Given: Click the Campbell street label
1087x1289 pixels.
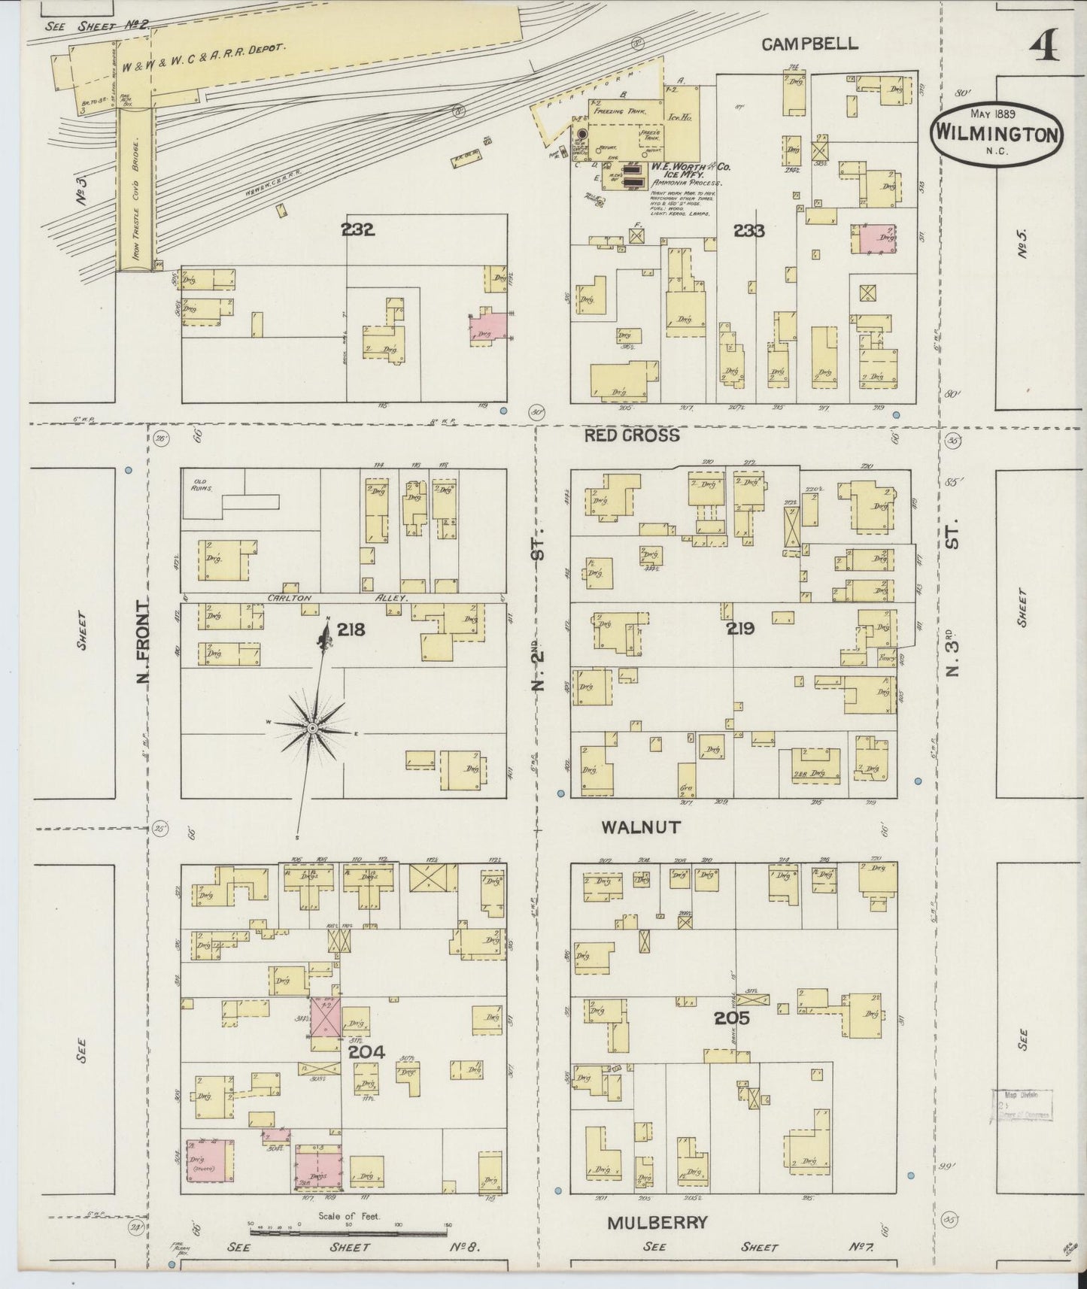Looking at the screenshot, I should [809, 44].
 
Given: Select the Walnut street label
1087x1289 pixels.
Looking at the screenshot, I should [641, 827].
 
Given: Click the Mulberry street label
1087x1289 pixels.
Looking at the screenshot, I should [657, 1222].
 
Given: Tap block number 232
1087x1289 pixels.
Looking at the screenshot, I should [357, 230].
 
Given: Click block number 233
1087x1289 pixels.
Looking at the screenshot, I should [748, 231].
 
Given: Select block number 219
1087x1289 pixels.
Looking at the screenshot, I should [740, 628].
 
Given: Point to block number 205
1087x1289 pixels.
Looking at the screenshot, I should [732, 1018].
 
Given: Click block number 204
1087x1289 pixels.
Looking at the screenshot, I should [366, 1052].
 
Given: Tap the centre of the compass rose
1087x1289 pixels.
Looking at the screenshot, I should [311, 728].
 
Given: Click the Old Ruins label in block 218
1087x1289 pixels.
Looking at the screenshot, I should [201, 485].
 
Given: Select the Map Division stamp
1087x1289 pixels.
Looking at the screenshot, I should [1022, 1106].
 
